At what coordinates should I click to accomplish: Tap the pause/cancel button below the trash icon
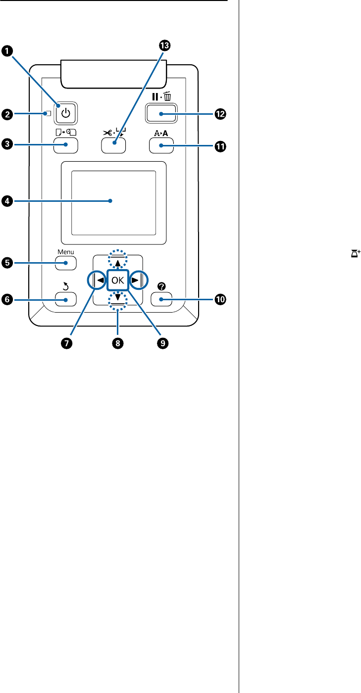click(161, 115)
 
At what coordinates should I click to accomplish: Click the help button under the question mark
click(161, 299)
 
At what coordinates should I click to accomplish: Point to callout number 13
click(163, 46)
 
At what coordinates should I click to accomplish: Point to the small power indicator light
click(48, 114)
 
